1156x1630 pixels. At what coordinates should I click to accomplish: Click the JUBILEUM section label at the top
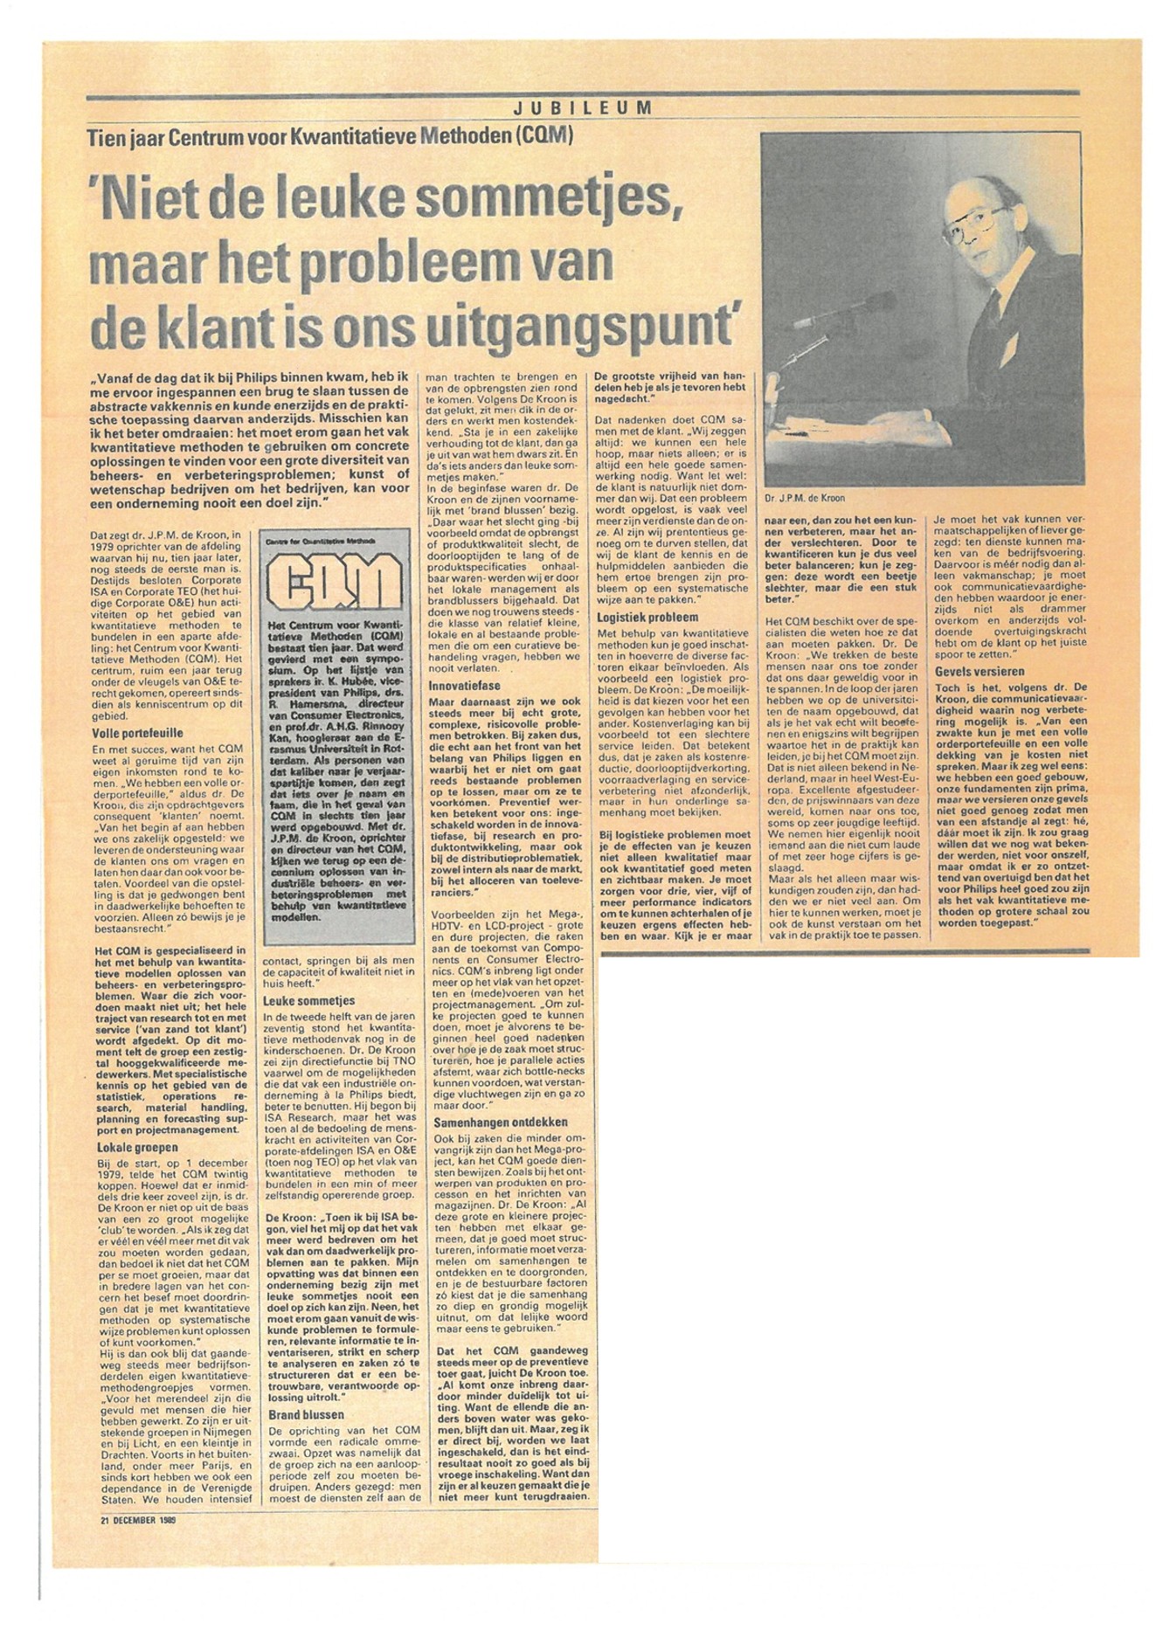pyautogui.click(x=582, y=108)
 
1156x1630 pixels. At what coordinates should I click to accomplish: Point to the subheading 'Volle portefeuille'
pyautogui.click(x=138, y=733)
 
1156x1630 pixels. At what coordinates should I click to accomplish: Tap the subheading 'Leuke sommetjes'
pyautogui.click(x=309, y=1000)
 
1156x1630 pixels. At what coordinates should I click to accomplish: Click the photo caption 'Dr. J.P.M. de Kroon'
pyautogui.click(x=805, y=499)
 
